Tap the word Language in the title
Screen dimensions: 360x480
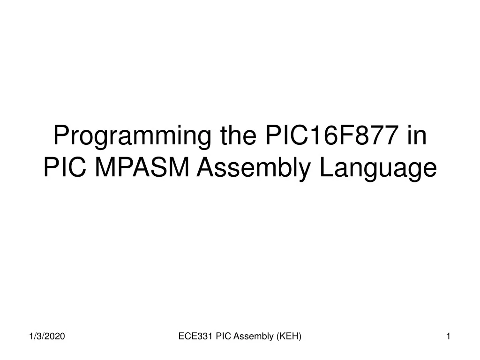pyautogui.click(x=378, y=169)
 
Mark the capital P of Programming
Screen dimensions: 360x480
pyautogui.click(x=61, y=136)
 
